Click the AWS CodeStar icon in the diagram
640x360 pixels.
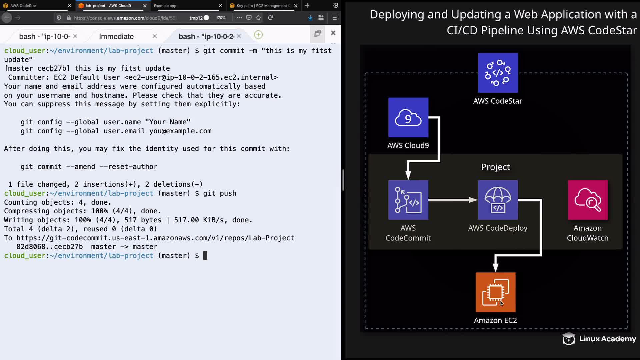(x=498, y=73)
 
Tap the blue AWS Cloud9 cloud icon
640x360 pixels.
(x=408, y=117)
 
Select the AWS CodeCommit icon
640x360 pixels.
(x=408, y=200)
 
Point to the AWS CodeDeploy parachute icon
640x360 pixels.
(x=498, y=200)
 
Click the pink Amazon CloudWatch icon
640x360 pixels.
(x=587, y=200)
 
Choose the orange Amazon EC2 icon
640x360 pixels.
(x=495, y=292)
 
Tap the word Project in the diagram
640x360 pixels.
(x=495, y=167)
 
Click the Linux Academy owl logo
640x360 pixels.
(x=569, y=339)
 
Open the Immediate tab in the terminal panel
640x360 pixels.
(x=116, y=36)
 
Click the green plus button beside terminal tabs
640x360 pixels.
(x=258, y=35)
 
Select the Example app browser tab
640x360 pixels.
(x=165, y=6)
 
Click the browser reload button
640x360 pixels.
(x=271, y=18)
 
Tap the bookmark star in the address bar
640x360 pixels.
(x=258, y=18)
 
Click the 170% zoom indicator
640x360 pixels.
(x=221, y=18)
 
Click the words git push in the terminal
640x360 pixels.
(x=220, y=193)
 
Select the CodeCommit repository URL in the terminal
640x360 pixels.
(x=155, y=238)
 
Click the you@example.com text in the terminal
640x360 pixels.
(x=180, y=131)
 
